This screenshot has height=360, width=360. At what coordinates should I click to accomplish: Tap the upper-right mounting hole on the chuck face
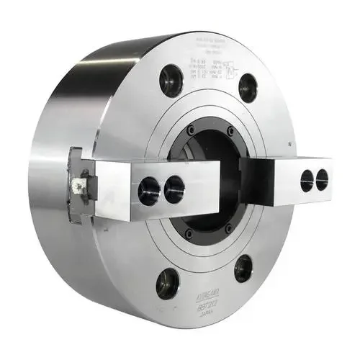coord(247,88)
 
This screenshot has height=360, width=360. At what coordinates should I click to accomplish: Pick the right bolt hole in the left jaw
coord(174,189)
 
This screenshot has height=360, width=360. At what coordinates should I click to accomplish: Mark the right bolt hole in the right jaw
coord(322,179)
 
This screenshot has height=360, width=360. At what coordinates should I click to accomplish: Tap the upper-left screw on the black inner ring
coord(190,131)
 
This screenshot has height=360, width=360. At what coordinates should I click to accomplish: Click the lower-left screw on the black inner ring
coord(189,233)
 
